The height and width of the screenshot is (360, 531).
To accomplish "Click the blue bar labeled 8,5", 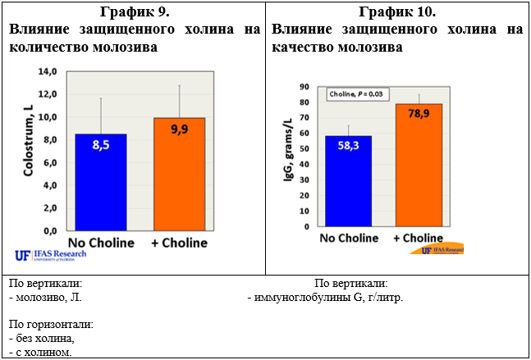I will click(x=101, y=182).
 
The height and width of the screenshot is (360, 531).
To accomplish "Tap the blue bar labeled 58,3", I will click(x=348, y=181).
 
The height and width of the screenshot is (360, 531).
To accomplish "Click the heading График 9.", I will click(x=134, y=11).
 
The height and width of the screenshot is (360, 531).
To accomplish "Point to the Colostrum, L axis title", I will click(x=29, y=140).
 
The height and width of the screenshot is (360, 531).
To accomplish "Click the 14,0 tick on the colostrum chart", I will click(x=49, y=72).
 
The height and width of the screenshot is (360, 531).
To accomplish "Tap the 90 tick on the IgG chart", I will click(x=304, y=86).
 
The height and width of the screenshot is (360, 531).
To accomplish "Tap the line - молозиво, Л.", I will click(x=44, y=298).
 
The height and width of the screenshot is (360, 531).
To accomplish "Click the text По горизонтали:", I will click(x=50, y=325).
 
